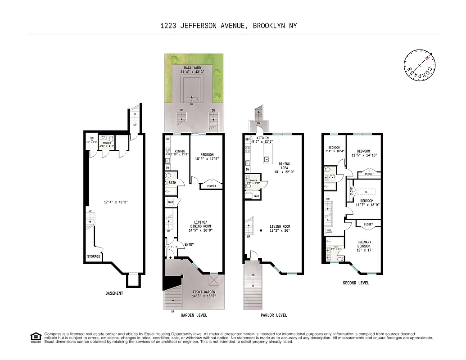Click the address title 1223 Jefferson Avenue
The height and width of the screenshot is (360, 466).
pyautogui.click(x=228, y=26)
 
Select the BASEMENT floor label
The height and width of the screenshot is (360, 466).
pyautogui.click(x=114, y=293)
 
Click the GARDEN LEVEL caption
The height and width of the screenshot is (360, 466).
pyautogui.click(x=194, y=315)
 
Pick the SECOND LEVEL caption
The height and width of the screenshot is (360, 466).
pyautogui.click(x=356, y=283)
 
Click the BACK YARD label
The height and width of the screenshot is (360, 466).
pyautogui.click(x=192, y=68)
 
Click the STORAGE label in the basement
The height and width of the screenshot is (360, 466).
pyautogui.click(x=94, y=256)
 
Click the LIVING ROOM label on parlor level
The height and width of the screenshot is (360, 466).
pyautogui.click(x=280, y=226)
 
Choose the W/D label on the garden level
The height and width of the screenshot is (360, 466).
pyautogui.click(x=170, y=202)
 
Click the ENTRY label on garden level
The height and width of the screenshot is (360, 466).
pyautogui.click(x=189, y=244)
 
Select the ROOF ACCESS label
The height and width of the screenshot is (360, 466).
pyautogui.click(x=329, y=231)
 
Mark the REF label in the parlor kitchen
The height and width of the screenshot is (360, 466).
pyautogui.click(x=248, y=140)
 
